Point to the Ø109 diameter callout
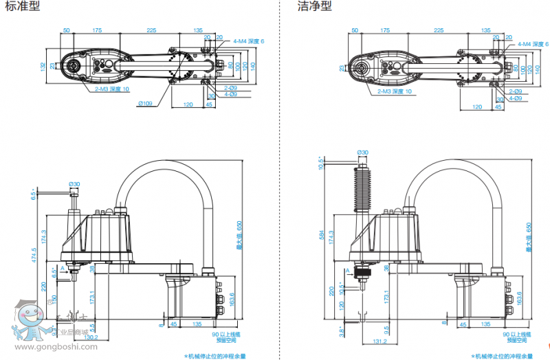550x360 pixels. [x=145, y=103]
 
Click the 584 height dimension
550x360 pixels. [x=322, y=234]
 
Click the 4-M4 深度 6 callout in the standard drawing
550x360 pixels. [x=248, y=42]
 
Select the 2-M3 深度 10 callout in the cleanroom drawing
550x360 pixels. [x=395, y=91]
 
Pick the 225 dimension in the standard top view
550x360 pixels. [x=151, y=30]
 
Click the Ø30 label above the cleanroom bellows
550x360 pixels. [x=362, y=152]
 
